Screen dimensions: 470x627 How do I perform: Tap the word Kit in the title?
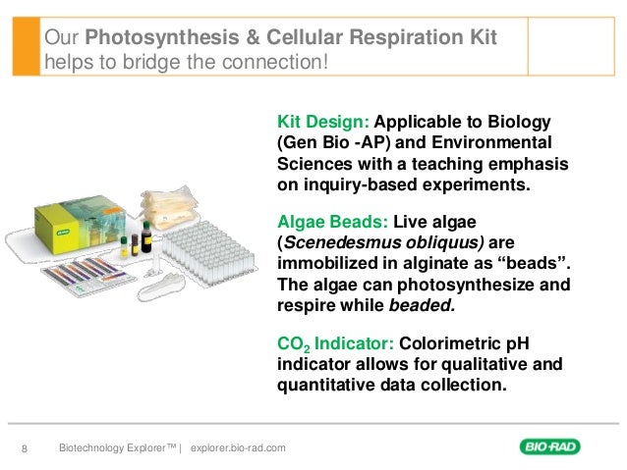pyautogui.click(x=477, y=38)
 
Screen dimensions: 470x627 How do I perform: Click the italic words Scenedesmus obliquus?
pyautogui.click(x=374, y=243)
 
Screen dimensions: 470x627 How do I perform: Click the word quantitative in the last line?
pyautogui.click(x=323, y=386)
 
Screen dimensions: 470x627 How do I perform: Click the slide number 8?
pyautogui.click(x=26, y=449)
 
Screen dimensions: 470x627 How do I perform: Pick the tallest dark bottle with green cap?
pyautogui.click(x=146, y=235)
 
